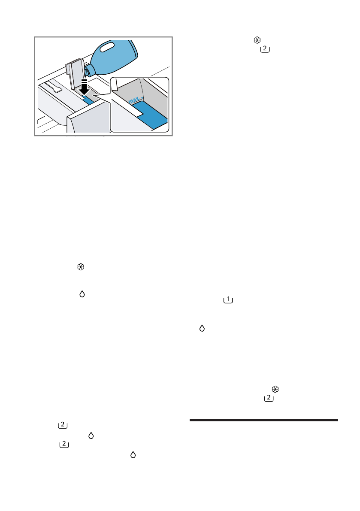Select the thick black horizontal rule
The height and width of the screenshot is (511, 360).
(263, 420)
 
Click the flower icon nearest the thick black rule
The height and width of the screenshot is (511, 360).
(275, 389)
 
